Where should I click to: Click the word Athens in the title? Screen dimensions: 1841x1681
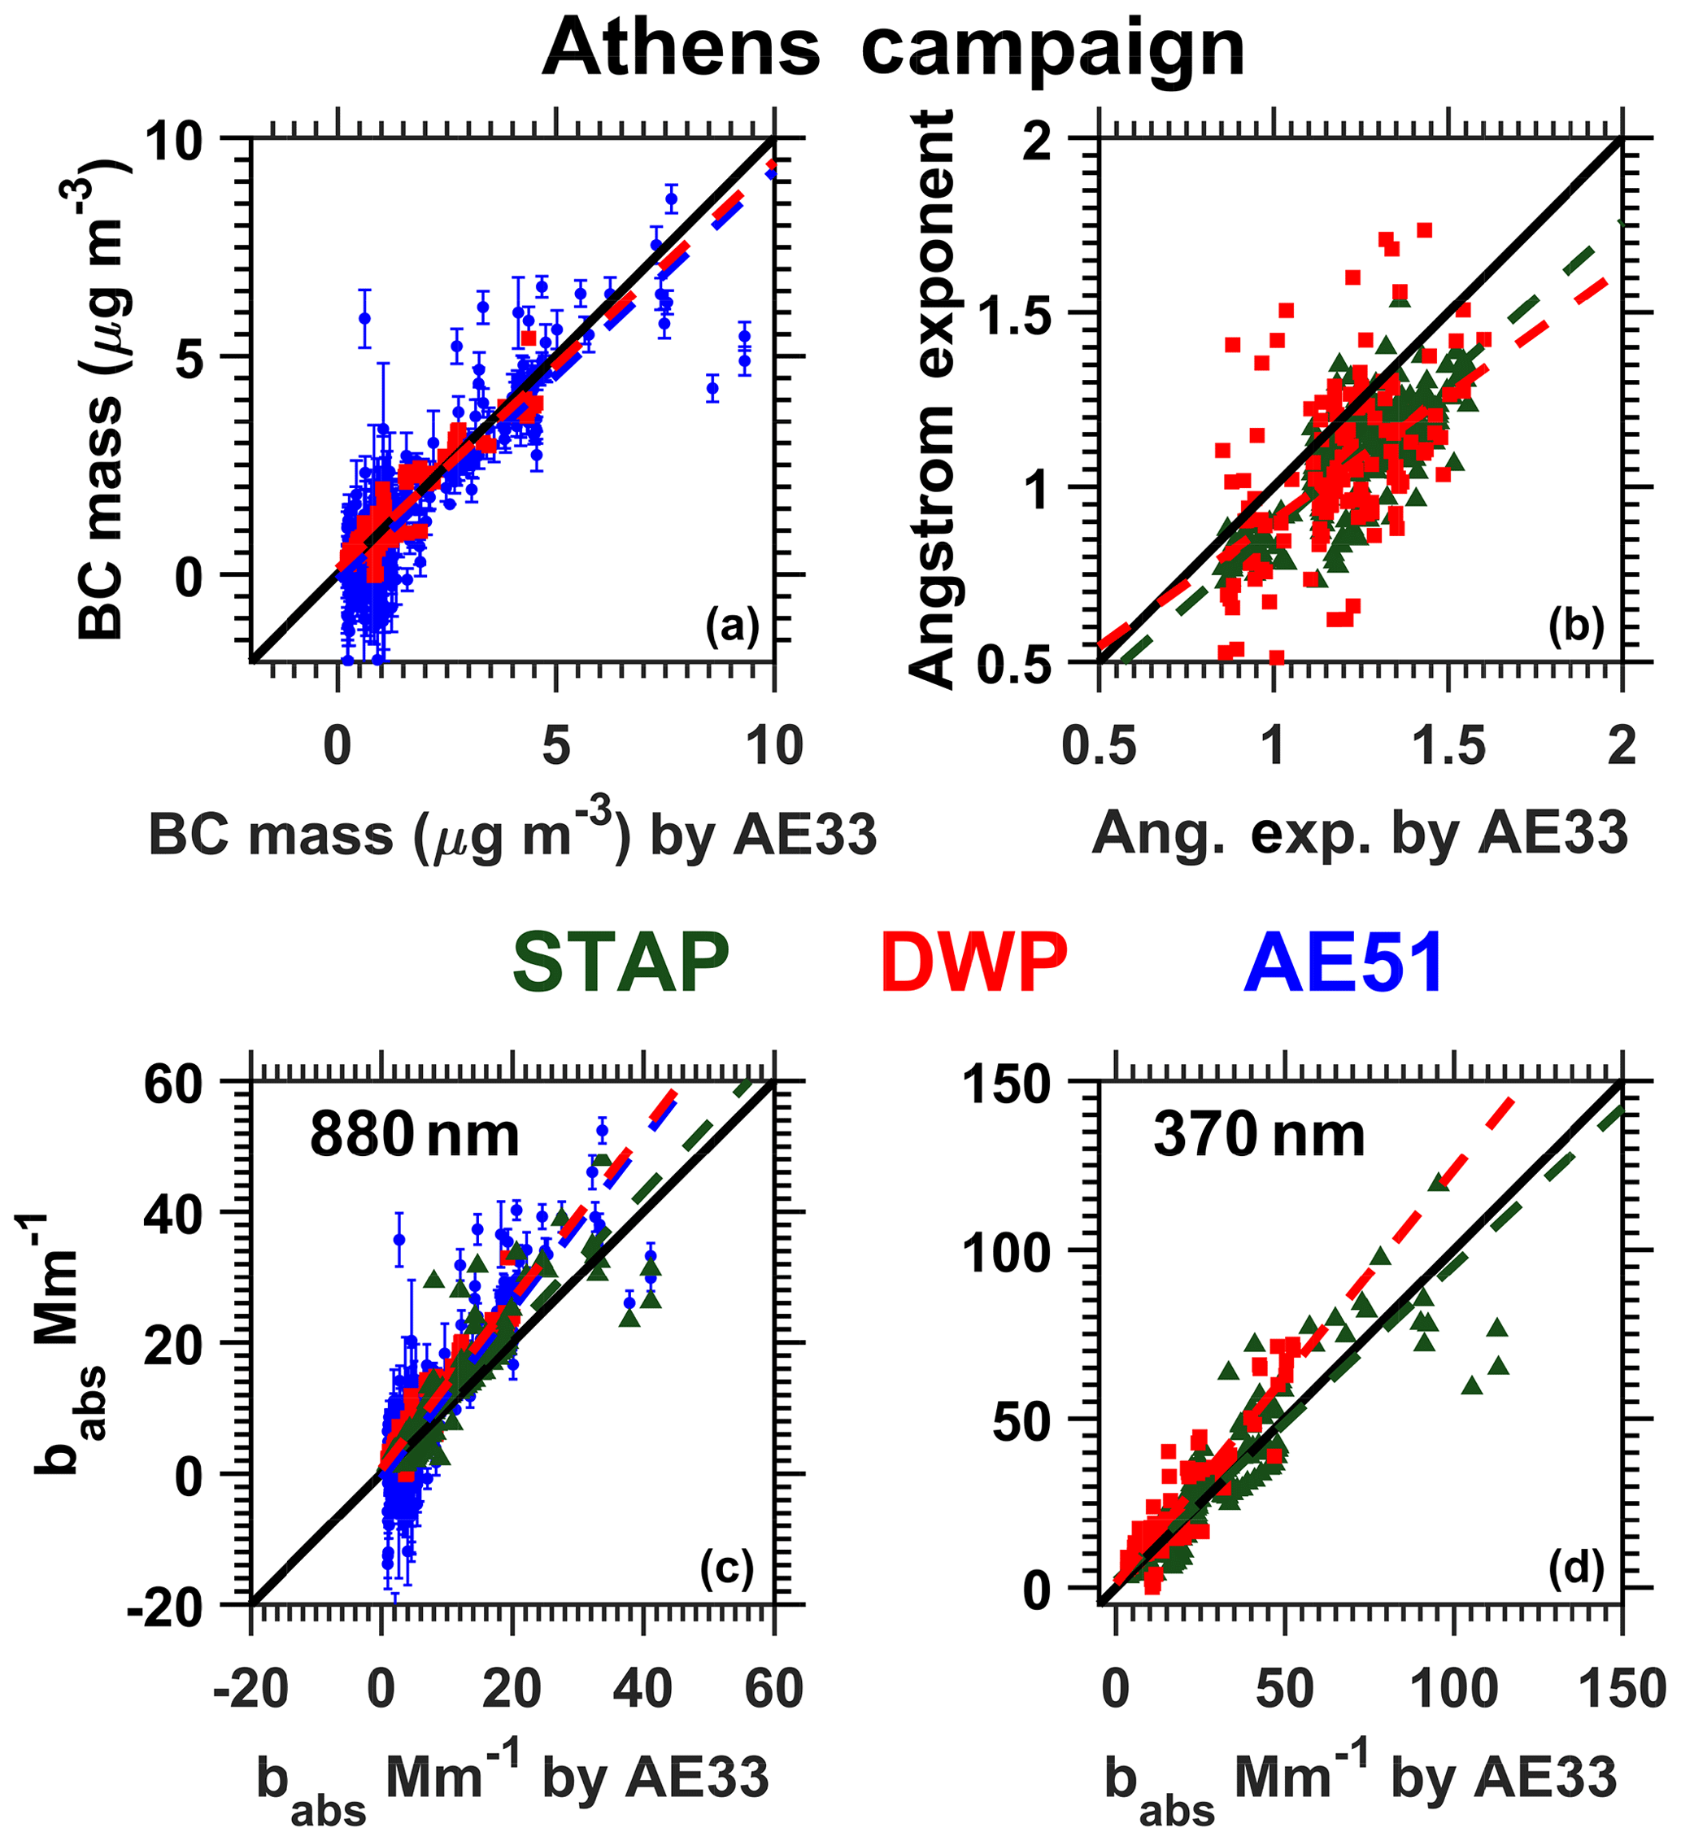pyautogui.click(x=680, y=47)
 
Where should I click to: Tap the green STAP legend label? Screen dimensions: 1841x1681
pyautogui.click(x=621, y=962)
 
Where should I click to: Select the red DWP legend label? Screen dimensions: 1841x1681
pyautogui.click(x=974, y=962)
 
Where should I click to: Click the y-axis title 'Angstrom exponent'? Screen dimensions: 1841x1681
pyautogui.click(x=932, y=399)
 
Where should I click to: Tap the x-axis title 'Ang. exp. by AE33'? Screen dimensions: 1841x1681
pyautogui.click(x=1360, y=833)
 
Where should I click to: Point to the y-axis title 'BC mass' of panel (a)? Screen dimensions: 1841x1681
pyautogui.click(x=101, y=399)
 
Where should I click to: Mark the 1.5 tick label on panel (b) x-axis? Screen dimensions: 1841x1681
pyautogui.click(x=1448, y=747)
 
